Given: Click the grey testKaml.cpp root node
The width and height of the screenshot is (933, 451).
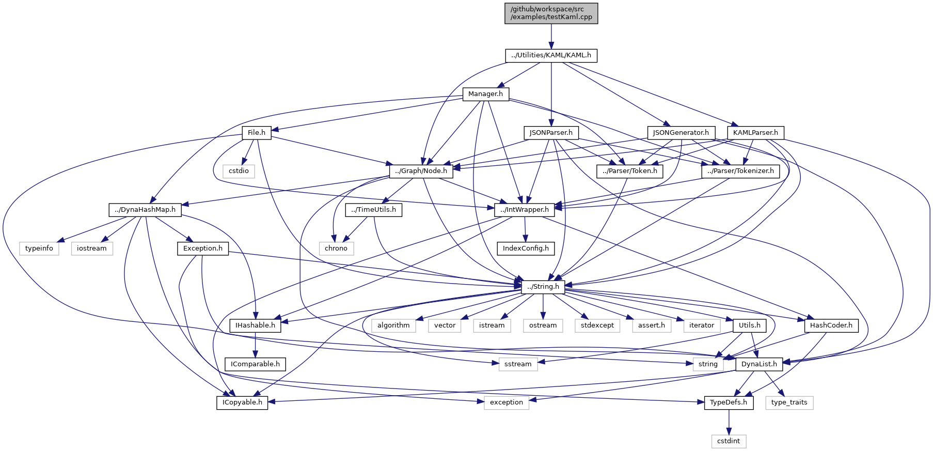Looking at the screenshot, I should pos(551,13).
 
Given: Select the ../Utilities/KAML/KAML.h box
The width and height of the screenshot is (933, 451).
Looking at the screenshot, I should pos(551,55).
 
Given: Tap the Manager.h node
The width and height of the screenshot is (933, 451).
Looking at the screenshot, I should pos(485,94).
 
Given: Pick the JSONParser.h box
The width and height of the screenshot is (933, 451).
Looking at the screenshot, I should pos(551,133).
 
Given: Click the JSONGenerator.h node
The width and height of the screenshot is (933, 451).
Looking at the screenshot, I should pos(681,133).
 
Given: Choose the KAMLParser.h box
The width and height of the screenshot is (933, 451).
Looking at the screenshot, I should pos(755,133).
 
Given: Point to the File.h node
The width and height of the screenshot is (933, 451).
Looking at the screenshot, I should pos(257,133).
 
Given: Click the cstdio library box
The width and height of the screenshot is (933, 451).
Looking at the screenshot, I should pos(239,171).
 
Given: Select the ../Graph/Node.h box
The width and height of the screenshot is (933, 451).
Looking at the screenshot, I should pos(421,171).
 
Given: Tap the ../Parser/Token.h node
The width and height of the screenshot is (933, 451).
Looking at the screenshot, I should pos(629,171).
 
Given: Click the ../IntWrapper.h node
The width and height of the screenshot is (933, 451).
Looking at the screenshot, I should pos(525,210).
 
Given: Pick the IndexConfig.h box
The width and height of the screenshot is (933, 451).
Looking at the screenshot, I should pos(526,248).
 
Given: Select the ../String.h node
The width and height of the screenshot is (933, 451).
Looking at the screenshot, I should pos(543,287).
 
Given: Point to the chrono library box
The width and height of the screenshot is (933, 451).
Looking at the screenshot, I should pos(336,248).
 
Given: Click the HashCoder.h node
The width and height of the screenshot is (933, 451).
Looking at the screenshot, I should pos(831,325).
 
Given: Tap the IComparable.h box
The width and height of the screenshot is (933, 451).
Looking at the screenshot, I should pos(255,364).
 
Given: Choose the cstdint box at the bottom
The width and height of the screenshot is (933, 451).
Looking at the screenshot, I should pos(729,441).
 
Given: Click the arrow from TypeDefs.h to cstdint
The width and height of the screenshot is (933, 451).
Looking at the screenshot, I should pos(729,422).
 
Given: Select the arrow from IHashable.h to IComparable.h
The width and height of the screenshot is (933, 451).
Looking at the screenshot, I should pos(255,345).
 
